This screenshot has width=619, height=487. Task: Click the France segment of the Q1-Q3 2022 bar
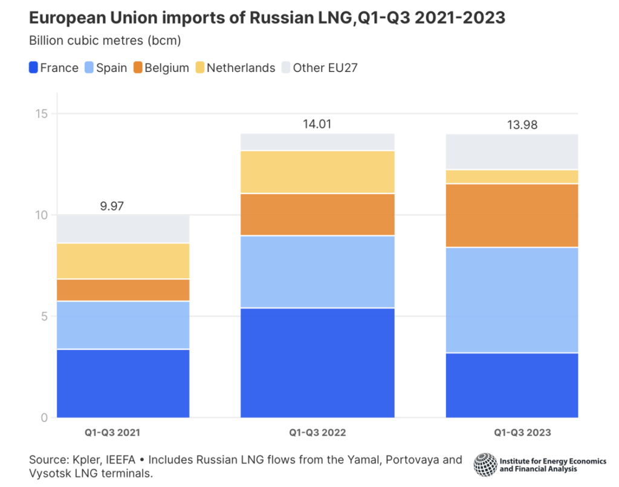(x=317, y=362)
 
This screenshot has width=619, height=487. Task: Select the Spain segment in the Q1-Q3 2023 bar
(x=511, y=299)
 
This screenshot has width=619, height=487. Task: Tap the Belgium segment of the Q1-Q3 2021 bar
(x=123, y=290)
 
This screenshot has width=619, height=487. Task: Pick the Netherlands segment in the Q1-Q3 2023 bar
(x=511, y=176)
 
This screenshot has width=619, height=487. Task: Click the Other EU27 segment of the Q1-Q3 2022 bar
(x=317, y=142)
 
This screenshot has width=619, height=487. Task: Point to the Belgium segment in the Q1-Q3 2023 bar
(x=511, y=215)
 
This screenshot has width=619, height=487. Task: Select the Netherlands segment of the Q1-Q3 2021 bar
(x=123, y=261)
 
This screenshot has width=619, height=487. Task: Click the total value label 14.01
(x=317, y=125)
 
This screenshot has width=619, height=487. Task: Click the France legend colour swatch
(x=33, y=68)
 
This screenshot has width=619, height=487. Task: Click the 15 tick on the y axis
(x=41, y=114)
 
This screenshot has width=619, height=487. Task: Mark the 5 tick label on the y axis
(x=44, y=316)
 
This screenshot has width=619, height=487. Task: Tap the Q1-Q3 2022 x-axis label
(x=317, y=433)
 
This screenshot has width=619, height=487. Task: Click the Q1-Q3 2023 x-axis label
(x=522, y=433)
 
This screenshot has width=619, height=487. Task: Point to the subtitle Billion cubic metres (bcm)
(x=105, y=41)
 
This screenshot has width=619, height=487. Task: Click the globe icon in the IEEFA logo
(x=485, y=464)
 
